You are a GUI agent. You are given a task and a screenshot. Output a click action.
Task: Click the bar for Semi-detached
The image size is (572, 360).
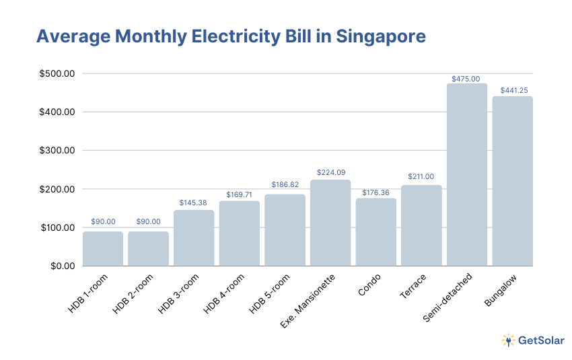point(466,175)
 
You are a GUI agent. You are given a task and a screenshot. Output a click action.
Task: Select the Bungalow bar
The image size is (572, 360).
point(512,182)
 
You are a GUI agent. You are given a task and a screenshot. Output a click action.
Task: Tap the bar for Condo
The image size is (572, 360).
point(376,232)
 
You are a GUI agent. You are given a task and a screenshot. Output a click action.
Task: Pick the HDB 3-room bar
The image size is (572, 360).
point(194,238)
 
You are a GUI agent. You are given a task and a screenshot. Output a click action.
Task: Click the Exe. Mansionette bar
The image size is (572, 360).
point(330,223)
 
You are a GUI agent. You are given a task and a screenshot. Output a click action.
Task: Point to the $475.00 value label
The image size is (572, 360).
point(466,79)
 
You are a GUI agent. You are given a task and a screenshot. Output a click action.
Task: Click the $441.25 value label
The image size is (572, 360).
point(512,90)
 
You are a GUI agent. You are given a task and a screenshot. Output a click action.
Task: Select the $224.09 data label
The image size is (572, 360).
point(330,173)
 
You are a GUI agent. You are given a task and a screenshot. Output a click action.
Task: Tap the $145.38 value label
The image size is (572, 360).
point(194,203)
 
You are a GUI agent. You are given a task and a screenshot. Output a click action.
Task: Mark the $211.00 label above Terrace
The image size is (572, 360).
point(421,177)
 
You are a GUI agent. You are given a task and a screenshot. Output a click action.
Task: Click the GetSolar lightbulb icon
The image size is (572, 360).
point(508,340)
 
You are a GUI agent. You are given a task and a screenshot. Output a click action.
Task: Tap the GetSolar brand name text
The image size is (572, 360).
point(541,340)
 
